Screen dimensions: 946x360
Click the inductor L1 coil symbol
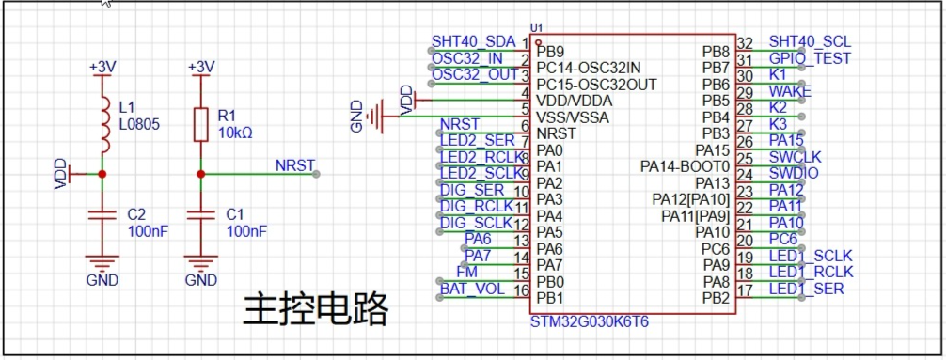[104, 124]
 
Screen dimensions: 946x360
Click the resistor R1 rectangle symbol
[201, 125]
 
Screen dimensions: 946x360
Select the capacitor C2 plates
[102, 214]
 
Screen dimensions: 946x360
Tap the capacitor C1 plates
[201, 214]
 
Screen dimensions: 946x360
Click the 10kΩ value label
[235, 133]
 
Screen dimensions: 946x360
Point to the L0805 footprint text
[139, 125]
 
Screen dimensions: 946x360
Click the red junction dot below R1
[201, 174]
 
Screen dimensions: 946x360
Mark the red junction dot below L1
[102, 174]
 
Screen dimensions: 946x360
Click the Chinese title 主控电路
[314, 310]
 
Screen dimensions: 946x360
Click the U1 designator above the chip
[536, 28]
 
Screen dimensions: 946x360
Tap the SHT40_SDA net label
[474, 41]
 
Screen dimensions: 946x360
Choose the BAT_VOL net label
[472, 289]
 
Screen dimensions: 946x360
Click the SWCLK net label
[796, 157]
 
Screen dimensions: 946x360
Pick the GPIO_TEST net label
[810, 58]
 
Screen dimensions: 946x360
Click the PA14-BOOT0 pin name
[685, 165]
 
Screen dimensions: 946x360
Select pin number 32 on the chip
[746, 43]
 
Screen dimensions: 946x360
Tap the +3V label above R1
[201, 67]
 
